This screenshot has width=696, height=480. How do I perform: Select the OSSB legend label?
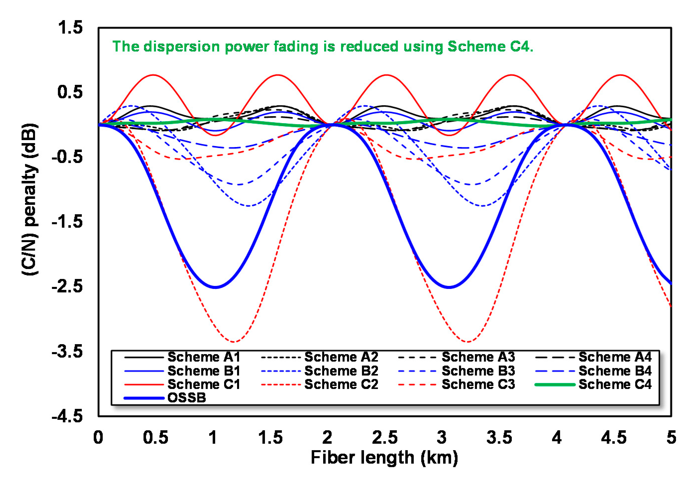(186, 398)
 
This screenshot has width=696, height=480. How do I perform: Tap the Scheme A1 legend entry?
(203, 357)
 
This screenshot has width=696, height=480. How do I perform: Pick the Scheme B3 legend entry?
(478, 371)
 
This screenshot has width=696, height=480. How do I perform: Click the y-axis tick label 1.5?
(70, 28)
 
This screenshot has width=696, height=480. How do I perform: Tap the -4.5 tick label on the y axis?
(67, 416)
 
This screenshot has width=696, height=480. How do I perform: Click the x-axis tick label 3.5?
(499, 438)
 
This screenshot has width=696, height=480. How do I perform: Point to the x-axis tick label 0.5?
(155, 438)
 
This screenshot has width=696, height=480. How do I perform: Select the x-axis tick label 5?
(671, 438)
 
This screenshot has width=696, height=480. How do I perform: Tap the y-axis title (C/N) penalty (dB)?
(30, 199)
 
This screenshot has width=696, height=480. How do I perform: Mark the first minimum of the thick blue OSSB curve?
(215, 287)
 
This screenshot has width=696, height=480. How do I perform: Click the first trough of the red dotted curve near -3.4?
(234, 342)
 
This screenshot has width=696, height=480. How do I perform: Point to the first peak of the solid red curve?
(153, 75)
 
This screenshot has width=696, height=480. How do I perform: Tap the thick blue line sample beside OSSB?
(144, 398)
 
